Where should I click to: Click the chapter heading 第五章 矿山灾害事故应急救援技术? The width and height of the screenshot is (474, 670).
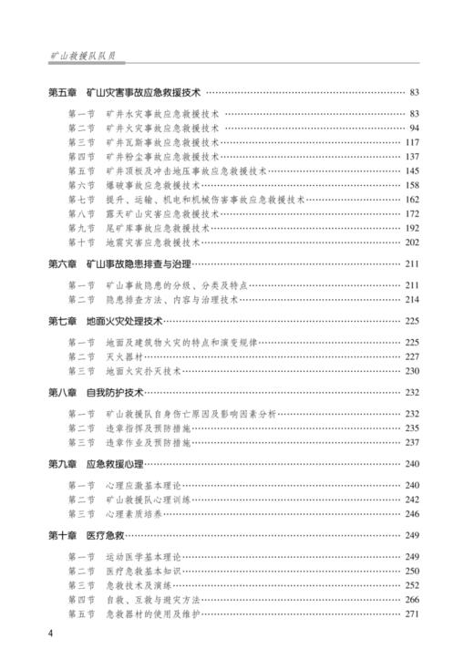tap(125, 93)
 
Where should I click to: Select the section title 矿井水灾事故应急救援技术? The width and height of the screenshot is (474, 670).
tap(163, 114)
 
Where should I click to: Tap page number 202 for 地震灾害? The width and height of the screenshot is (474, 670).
tap(411, 242)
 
